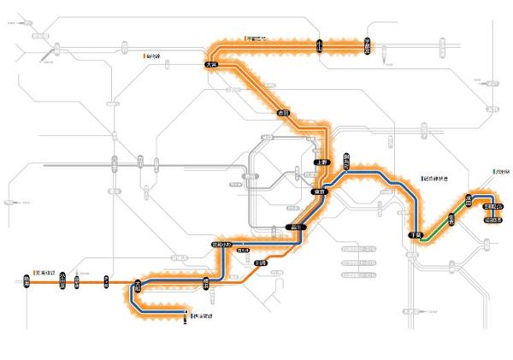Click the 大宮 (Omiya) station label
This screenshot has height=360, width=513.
tap(212, 63)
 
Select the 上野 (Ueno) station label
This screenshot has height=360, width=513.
tap(321, 162)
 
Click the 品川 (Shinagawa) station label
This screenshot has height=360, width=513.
tap(294, 227)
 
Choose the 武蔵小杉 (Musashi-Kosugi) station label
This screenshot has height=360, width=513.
tap(222, 245)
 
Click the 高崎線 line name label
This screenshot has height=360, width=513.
tap(154, 56)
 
